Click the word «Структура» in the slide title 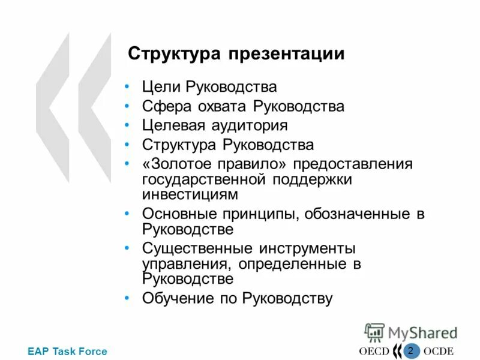click(x=175, y=54)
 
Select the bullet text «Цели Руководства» click(x=209, y=87)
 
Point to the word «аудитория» click(x=249, y=125)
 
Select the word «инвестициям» click(x=190, y=194)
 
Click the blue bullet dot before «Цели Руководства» click(x=127, y=88)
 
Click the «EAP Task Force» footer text click(x=67, y=352)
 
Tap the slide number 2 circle click(x=410, y=350)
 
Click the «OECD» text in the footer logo click(x=374, y=352)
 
